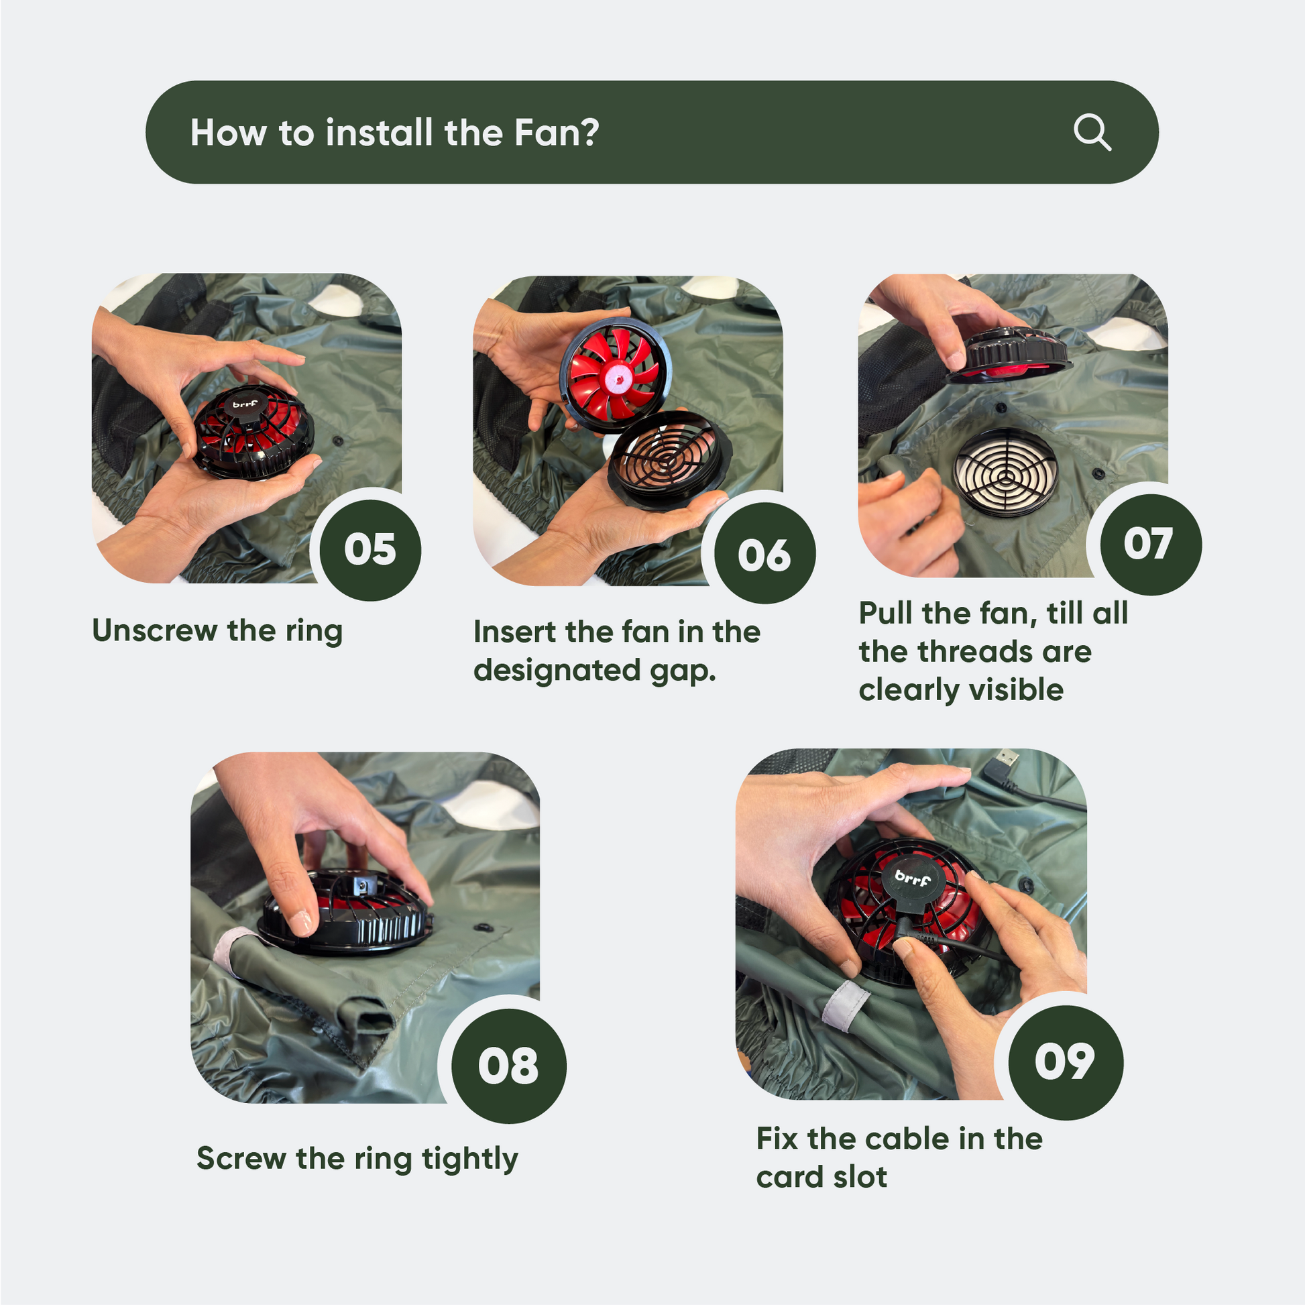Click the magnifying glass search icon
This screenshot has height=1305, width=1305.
(x=1092, y=132)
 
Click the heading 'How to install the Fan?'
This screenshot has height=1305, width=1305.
(x=394, y=132)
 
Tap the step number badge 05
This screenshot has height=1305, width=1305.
(x=370, y=549)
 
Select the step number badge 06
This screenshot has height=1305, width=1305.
(x=764, y=554)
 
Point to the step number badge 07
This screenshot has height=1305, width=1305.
(x=1151, y=545)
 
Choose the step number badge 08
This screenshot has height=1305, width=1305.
(x=508, y=1066)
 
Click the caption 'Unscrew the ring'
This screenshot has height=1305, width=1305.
(x=217, y=631)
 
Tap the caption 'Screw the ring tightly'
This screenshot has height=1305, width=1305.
(x=357, y=1159)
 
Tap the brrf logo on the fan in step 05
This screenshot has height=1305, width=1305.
(x=245, y=404)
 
